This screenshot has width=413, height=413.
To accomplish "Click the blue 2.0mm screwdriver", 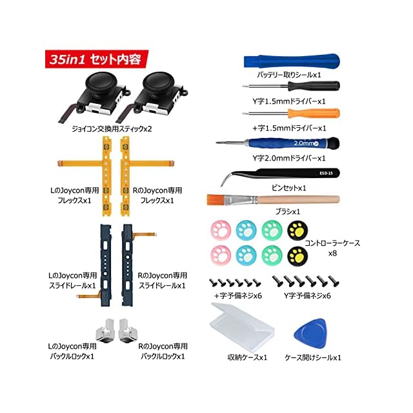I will coord(303,143).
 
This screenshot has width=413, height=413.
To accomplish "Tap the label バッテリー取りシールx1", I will coord(289,75).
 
